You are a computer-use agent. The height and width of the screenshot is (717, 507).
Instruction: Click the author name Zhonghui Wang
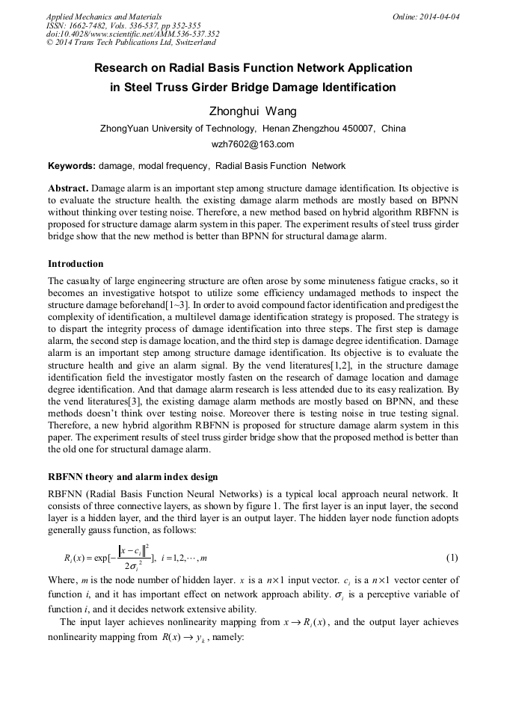tap(253, 111)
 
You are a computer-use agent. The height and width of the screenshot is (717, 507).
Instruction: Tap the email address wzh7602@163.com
tap(253, 144)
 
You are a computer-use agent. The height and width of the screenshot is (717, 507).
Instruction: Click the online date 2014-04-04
tap(440, 16)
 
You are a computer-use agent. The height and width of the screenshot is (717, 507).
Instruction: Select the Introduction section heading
tap(76, 264)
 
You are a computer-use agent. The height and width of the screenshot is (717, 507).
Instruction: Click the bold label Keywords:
tap(71, 166)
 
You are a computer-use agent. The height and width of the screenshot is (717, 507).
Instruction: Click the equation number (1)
tap(452, 558)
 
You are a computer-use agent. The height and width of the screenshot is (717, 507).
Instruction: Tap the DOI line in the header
tap(132, 34)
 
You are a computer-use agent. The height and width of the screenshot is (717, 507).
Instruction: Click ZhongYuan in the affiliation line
tap(122, 129)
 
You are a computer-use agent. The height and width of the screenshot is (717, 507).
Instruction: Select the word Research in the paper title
tap(120, 68)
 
